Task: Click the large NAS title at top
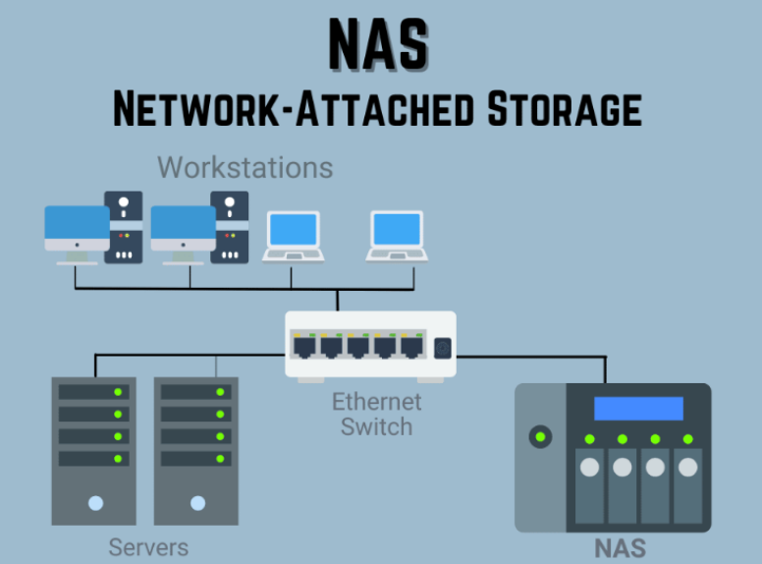click(x=379, y=45)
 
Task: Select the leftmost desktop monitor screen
click(x=77, y=227)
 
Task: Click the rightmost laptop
click(x=398, y=234)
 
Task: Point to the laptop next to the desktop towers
click(x=293, y=234)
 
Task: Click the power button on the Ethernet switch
click(x=441, y=347)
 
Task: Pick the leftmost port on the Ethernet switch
click(x=303, y=346)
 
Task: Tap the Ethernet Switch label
click(x=376, y=414)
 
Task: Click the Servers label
click(x=148, y=546)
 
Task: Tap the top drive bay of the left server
click(x=94, y=392)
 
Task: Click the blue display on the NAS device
click(x=638, y=409)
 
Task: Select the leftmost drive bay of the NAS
click(x=589, y=485)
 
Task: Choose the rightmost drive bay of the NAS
click(x=687, y=485)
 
